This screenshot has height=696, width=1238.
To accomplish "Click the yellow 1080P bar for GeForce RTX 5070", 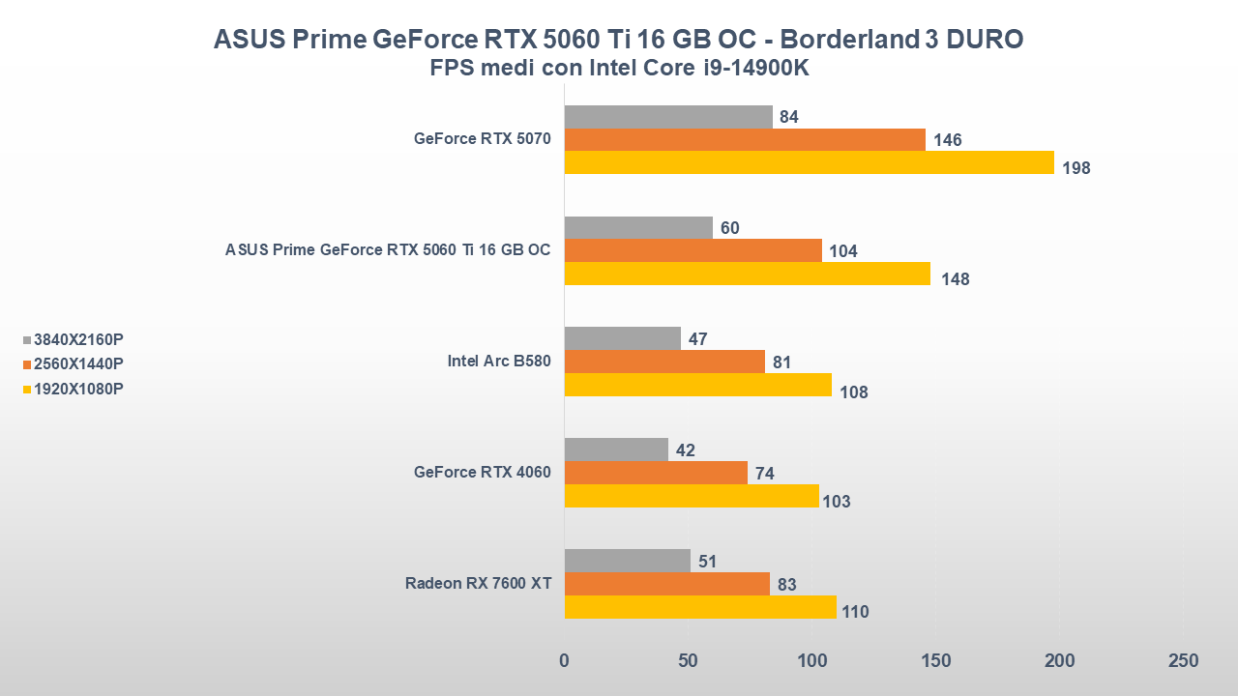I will (809, 162).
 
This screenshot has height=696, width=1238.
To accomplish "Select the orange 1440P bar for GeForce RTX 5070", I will (745, 140).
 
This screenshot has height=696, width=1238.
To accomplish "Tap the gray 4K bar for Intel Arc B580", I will (622, 338).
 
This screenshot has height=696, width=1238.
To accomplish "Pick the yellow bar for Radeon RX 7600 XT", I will (700, 607).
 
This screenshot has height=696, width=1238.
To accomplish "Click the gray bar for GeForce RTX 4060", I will (616, 449).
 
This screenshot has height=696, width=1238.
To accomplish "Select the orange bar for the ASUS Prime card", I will (693, 250).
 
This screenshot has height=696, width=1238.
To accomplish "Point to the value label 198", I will (1076, 168).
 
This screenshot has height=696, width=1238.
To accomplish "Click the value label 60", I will (730, 228).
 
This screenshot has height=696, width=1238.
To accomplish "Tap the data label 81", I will (782, 363).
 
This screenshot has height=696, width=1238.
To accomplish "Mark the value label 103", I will (837, 501).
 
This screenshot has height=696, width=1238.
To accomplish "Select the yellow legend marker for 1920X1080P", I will (27, 390).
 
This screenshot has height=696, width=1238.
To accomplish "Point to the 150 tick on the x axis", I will (936, 661).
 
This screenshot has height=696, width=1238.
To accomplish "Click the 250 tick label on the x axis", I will (1183, 661).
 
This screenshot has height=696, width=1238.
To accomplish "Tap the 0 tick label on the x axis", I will (565, 661).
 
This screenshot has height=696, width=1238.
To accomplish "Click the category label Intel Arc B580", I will (498, 362).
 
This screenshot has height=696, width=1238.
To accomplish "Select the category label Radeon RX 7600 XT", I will (478, 584).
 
